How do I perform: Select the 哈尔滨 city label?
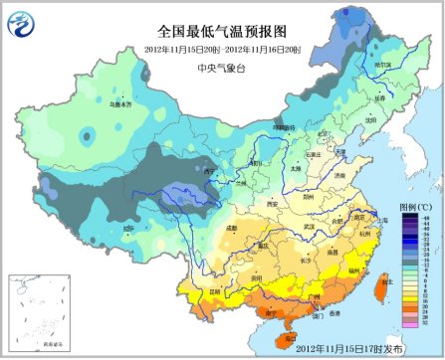pyautogui.click(x=381, y=63)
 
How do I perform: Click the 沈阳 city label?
pyautogui.click(x=369, y=116)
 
